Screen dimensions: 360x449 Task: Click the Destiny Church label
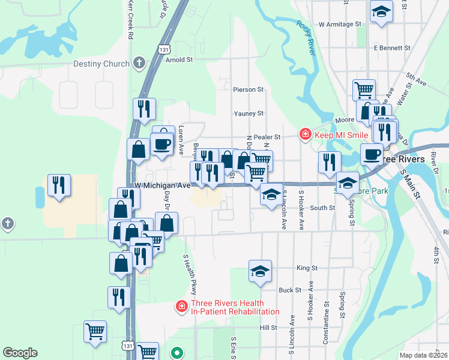[101, 64]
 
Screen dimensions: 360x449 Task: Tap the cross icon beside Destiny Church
[139, 63]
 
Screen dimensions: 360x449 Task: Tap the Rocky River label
[306, 37]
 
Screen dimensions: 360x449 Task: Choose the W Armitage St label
[342, 25]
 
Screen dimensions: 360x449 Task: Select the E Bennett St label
[391, 47]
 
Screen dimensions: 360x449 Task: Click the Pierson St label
[249, 89]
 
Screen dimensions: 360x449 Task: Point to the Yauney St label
[249, 113]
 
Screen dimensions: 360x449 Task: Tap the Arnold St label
[179, 60]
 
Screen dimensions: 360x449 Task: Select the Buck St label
[289, 290]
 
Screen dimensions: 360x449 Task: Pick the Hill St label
[268, 328]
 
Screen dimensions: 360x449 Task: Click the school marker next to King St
[260, 271]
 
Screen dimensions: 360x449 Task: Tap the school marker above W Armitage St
[381, 11]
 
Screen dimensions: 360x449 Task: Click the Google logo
[20, 353]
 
